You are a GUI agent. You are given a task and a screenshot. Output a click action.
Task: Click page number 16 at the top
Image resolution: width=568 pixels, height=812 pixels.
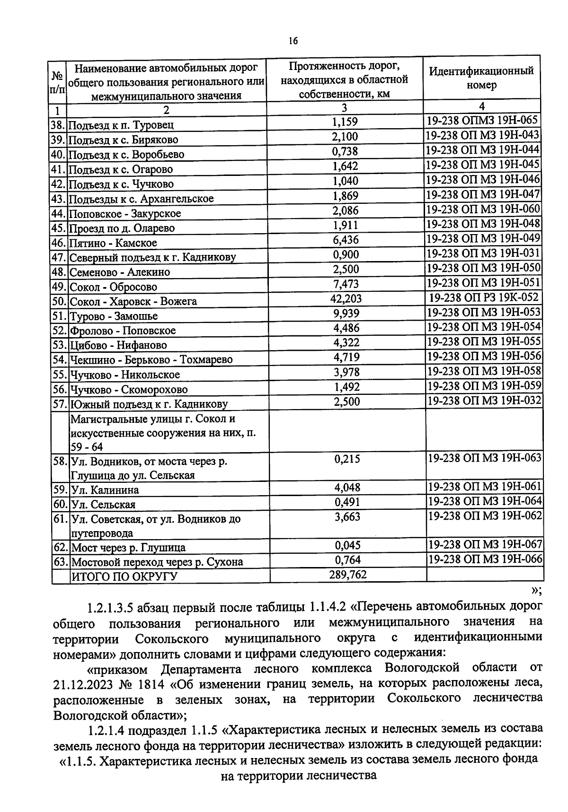[293, 41]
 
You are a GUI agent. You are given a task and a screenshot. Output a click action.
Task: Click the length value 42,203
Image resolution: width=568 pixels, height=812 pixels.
[345, 298]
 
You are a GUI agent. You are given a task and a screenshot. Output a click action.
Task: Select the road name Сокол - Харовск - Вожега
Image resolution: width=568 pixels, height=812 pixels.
[133, 301]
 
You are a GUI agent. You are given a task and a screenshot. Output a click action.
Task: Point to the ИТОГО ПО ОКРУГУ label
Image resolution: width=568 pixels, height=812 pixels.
[124, 576]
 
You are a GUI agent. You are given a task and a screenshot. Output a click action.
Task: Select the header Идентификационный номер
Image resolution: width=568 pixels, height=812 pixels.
[481, 78]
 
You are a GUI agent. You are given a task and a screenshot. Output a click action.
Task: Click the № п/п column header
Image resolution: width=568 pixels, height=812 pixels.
[57, 82]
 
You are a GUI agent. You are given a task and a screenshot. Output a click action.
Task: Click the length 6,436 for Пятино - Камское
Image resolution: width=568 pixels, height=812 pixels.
[345, 240]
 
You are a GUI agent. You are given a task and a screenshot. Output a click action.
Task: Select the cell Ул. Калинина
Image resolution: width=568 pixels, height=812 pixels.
[105, 490]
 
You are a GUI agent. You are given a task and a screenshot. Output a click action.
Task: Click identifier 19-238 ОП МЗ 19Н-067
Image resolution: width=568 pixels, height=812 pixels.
[485, 544]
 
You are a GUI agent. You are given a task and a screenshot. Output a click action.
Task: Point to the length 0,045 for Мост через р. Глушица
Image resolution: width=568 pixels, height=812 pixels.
[347, 545]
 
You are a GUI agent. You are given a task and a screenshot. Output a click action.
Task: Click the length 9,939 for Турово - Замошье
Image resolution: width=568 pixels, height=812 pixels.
[345, 313]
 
